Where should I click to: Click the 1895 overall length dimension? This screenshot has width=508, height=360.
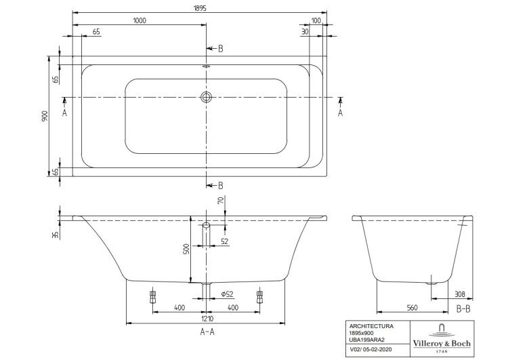[200, 7]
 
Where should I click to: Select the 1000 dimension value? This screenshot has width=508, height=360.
[140, 20]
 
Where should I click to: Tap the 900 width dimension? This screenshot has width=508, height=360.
[45, 116]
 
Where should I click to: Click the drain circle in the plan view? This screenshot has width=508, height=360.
[206, 97]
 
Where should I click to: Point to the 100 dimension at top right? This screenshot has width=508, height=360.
[316, 20]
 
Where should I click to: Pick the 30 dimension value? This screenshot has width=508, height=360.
[305, 31]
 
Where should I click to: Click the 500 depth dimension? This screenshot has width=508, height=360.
[187, 248]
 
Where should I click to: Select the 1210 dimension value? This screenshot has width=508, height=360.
[207, 319]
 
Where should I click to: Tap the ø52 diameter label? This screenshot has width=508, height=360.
[227, 294]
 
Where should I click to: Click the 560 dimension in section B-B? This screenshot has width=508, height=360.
[412, 307]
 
